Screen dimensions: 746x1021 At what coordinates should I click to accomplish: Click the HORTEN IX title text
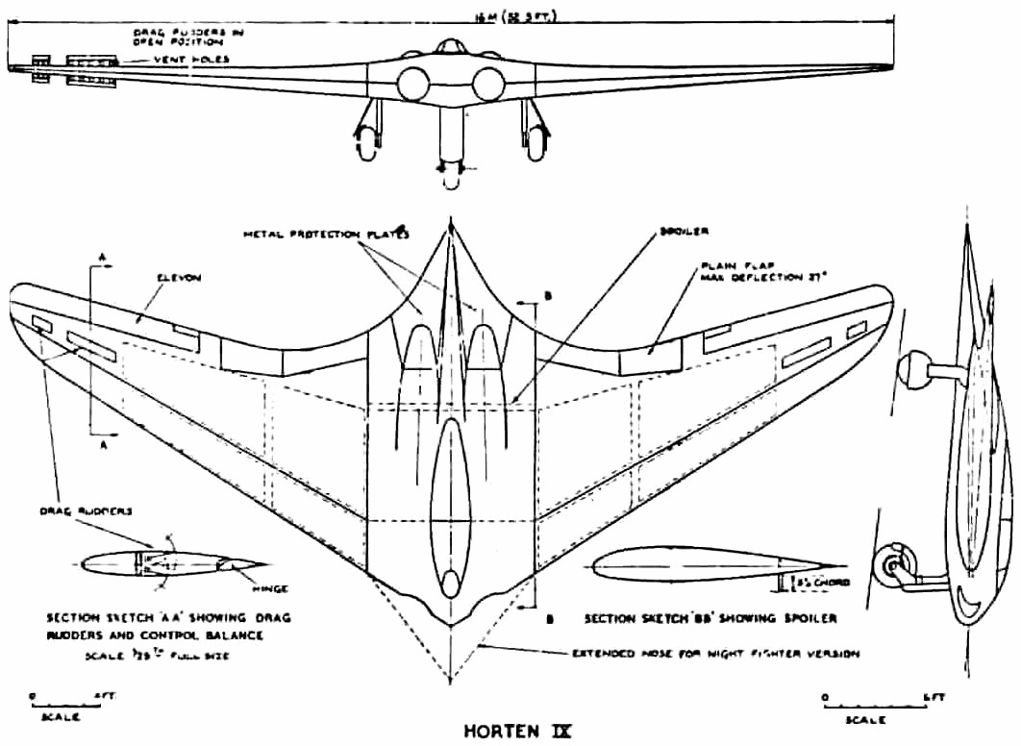coord(518,730)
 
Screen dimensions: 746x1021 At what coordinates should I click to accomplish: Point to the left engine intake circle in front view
coord(412,85)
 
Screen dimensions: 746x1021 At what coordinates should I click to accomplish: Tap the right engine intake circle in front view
coord(489,85)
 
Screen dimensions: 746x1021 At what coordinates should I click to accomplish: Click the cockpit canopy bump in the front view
coord(450,48)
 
